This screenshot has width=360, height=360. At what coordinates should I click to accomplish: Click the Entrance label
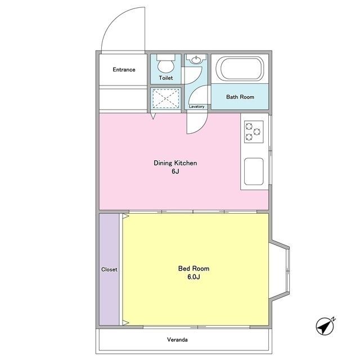click(x=124, y=70)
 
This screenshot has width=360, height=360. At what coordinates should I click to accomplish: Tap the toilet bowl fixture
click(x=165, y=64)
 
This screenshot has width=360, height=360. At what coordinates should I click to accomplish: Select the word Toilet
click(x=166, y=78)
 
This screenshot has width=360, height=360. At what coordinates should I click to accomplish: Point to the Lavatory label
click(x=196, y=106)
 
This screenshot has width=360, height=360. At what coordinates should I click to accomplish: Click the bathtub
click(x=240, y=69)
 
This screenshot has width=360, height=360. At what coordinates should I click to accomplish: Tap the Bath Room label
click(x=240, y=97)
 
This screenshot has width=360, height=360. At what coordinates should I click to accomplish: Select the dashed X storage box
click(x=166, y=99)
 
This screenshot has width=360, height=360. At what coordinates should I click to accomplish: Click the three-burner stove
click(x=254, y=132)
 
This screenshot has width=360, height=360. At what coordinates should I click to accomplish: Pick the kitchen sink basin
click(x=254, y=171)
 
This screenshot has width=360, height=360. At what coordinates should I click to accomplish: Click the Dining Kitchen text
click(x=175, y=163)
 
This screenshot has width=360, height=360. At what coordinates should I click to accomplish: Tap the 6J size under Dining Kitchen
click(x=175, y=171)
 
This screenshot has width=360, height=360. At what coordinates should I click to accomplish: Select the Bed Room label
click(x=193, y=268)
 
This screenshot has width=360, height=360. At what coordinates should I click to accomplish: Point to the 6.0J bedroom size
click(x=193, y=277)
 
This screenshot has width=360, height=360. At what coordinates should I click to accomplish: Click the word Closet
click(x=109, y=269)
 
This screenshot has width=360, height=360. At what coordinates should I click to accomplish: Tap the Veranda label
click(x=177, y=340)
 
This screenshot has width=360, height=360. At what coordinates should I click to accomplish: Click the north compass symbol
click(x=325, y=326)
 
